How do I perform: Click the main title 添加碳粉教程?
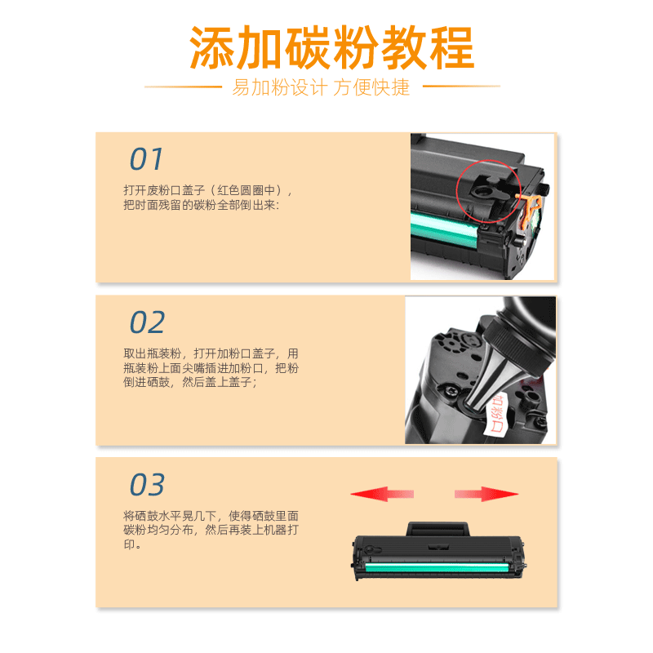pyautogui.click(x=331, y=48)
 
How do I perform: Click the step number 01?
pyautogui.click(x=147, y=160)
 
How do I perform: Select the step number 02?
pyautogui.click(x=147, y=322)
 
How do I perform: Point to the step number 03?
pyautogui.click(x=147, y=485)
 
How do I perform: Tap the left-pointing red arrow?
pyautogui.click(x=382, y=494)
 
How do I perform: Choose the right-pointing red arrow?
pyautogui.click(x=486, y=494)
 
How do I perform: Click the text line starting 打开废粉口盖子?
pyautogui.click(x=207, y=190)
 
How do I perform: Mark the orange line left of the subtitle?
pyautogui.click(x=183, y=87)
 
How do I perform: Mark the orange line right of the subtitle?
pyautogui.click(x=460, y=87)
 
